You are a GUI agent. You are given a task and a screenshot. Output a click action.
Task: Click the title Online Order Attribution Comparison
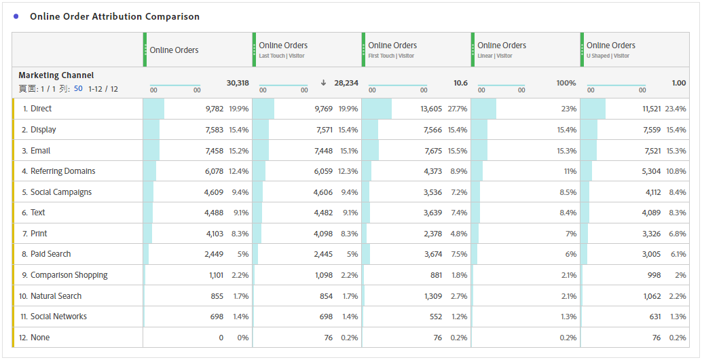click(x=114, y=16)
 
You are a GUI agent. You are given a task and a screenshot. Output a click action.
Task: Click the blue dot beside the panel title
click(x=16, y=16)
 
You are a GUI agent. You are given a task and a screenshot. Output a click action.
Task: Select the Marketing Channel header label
click(x=56, y=75)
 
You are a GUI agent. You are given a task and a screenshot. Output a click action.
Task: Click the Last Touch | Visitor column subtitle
click(x=281, y=56)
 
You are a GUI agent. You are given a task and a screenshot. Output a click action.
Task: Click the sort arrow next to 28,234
click(x=324, y=83)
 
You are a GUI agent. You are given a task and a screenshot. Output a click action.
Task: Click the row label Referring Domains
click(x=62, y=171)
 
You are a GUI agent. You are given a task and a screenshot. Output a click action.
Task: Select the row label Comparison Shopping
click(x=69, y=275)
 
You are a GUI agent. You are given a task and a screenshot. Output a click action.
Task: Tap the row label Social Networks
click(x=58, y=317)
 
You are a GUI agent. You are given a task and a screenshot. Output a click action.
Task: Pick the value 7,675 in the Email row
click(x=433, y=151)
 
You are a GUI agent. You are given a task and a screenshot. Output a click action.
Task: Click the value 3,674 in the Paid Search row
click(x=433, y=254)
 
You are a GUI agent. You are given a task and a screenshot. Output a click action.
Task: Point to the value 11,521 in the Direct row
click(x=647, y=109)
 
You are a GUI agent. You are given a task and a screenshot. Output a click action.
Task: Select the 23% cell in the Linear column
click(x=569, y=109)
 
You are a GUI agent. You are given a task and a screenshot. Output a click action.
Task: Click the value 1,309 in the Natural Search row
click(x=433, y=296)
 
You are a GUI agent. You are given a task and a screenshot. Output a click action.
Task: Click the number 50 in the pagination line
click(x=79, y=89)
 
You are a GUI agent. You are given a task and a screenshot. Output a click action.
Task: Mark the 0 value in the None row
click(x=221, y=338)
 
